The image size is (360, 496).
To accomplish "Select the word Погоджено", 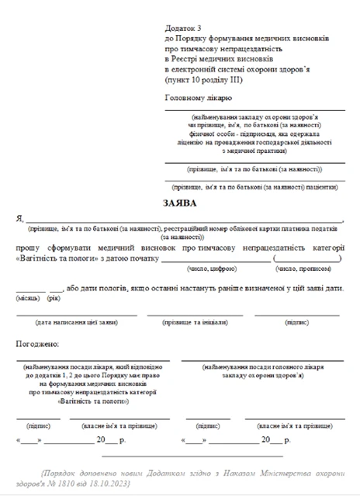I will pos(36,342).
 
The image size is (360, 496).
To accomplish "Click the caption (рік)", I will pos(54,297).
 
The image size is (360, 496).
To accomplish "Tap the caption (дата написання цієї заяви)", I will pos(76,321).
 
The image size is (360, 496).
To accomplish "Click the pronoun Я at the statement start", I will pos(19,220).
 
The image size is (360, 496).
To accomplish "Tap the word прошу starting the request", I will pos(29,247).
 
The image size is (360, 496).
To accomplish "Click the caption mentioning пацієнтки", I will pos(254,187).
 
